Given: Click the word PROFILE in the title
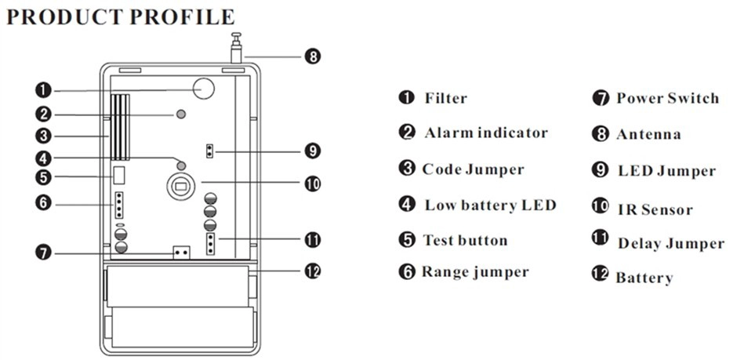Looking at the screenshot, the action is [x=182, y=17].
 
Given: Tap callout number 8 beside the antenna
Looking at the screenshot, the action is [x=312, y=56].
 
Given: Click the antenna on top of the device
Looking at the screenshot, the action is [x=236, y=48].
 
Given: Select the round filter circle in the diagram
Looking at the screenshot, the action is [x=204, y=89].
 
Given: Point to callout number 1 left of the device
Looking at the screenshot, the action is [x=43, y=89].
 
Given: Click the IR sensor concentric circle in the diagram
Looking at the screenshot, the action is [x=180, y=187].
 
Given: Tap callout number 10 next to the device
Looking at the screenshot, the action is [x=312, y=184].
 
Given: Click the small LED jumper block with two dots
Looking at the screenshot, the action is [x=209, y=151].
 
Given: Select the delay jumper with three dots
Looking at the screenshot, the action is [x=210, y=244].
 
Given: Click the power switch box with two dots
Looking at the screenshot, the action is [x=181, y=253].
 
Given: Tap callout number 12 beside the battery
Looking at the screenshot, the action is [x=312, y=271].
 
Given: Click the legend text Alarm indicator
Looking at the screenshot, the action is [x=486, y=133].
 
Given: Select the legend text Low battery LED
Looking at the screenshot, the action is [x=490, y=205].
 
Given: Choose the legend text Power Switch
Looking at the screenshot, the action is [x=668, y=98].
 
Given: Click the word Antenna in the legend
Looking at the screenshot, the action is [x=648, y=134].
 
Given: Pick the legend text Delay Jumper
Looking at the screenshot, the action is [x=671, y=244].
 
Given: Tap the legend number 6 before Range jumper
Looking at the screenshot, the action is [x=407, y=272].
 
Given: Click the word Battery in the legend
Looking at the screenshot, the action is [x=644, y=278].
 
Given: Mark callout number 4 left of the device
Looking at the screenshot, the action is [x=43, y=157].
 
